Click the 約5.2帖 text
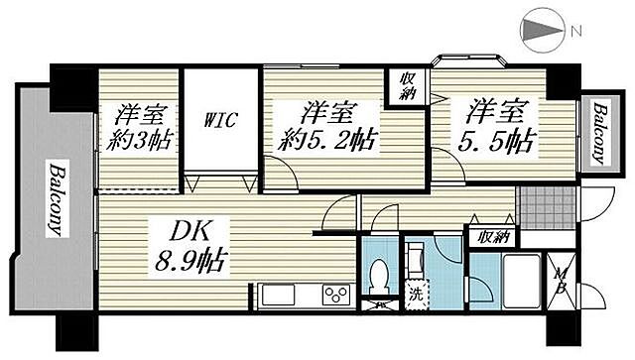click(327, 137)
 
